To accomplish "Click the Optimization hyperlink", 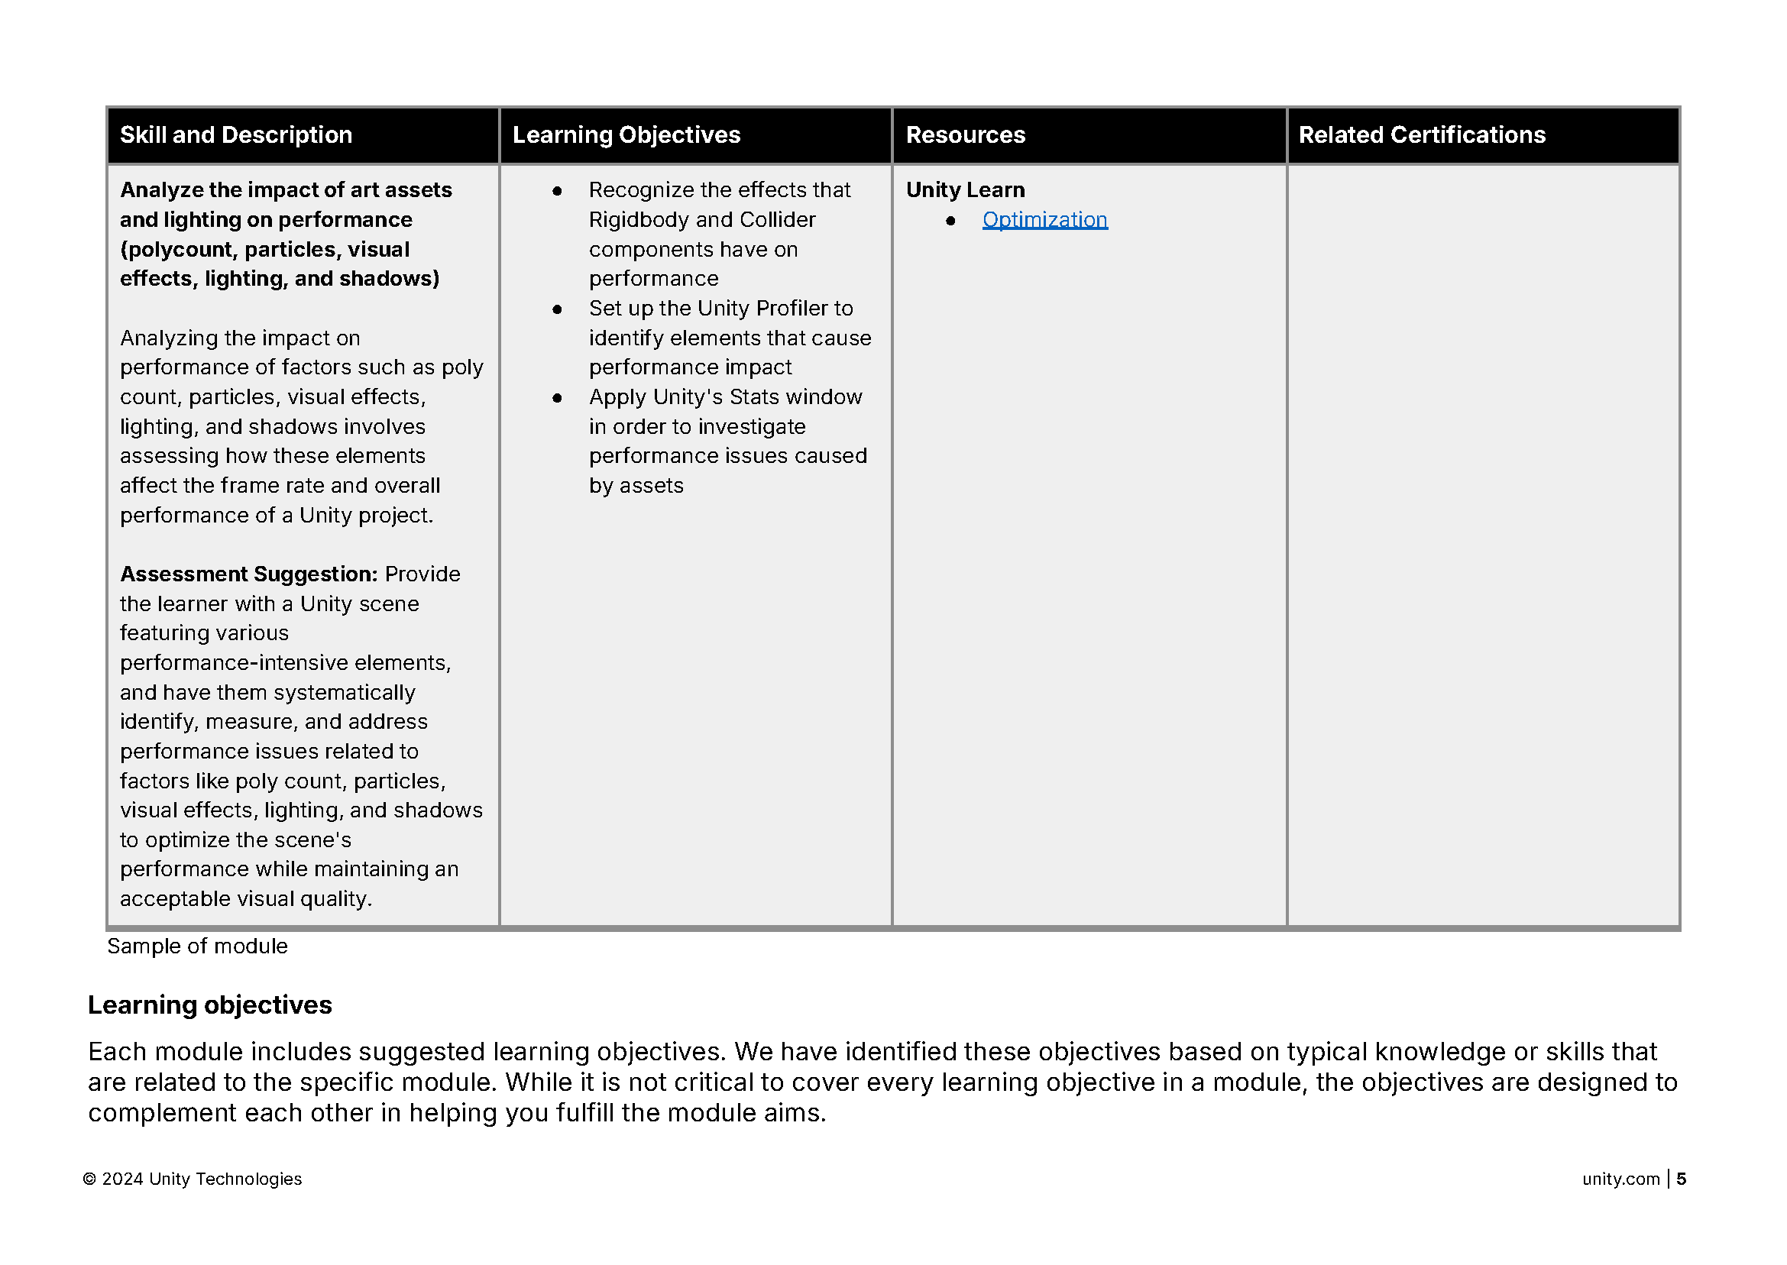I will tap(1044, 220).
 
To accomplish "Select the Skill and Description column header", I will tap(236, 134).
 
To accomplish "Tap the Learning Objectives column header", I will tap(626, 134).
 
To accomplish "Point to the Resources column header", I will tap(965, 134).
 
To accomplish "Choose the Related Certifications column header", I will tap(1422, 134).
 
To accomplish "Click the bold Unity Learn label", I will tap(965, 190).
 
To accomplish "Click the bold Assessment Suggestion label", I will tap(248, 574).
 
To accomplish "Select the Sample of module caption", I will tap(197, 946).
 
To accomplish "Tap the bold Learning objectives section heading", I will tap(209, 1005).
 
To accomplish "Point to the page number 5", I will tap(1681, 1179).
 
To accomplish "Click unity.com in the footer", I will tap(1620, 1179).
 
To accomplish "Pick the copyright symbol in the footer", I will tap(89, 1179).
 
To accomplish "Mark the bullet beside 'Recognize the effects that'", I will tap(557, 191).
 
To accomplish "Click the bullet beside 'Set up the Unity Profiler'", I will tap(557, 309).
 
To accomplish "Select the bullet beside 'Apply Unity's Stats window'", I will tap(557, 398).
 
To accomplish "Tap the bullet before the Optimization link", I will tap(950, 221).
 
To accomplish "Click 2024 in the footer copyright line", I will tap(122, 1179).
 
